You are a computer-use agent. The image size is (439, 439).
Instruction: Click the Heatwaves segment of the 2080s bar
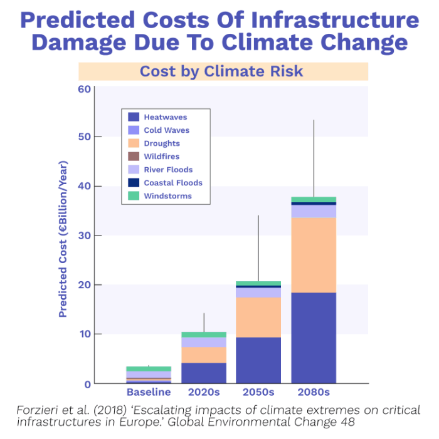tap(313, 338)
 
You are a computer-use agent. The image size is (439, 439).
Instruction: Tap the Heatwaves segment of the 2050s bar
tap(258, 360)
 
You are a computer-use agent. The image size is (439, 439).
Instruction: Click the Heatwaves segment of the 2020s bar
tap(203, 373)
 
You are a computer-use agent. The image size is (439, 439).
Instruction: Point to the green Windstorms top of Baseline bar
tap(149, 369)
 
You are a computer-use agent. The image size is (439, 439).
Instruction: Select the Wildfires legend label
tap(162, 157)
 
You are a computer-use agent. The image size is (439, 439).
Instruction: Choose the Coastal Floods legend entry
tap(172, 183)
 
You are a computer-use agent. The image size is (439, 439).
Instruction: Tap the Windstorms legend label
tap(167, 196)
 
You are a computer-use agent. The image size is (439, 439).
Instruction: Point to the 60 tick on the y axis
tap(84, 88)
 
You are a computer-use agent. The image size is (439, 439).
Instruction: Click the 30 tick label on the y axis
tap(84, 235)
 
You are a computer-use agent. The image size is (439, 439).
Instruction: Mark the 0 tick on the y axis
tap(87, 384)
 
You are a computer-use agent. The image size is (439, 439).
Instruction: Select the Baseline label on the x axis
tap(149, 393)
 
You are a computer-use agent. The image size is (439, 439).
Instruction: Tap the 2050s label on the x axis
tap(258, 393)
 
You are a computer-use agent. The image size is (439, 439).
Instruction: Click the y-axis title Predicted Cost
tap(63, 239)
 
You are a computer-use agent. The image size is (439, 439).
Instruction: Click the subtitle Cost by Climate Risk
tap(221, 71)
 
